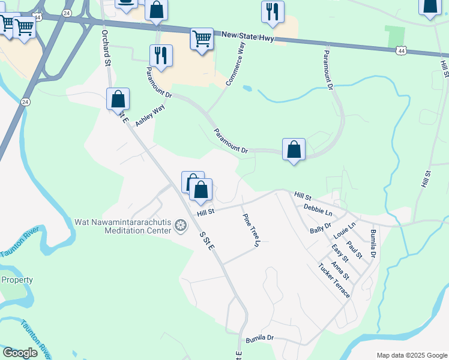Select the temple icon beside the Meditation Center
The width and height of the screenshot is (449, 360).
tap(180, 226)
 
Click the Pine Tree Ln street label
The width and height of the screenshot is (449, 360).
tap(251, 230)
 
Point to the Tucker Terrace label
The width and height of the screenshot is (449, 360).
tap(334, 280)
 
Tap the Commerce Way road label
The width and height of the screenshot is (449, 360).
tap(235, 66)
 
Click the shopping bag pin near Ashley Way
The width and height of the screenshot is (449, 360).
tap(118, 99)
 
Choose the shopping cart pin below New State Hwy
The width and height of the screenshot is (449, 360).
tap(202, 40)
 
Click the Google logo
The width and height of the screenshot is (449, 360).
tap(20, 353)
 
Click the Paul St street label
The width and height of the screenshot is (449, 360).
tap(355, 250)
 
